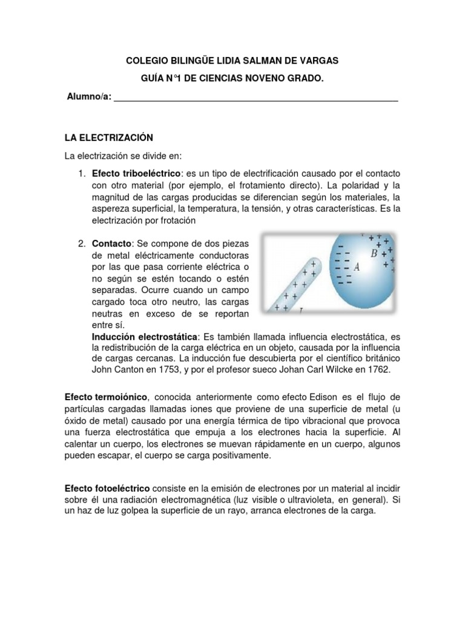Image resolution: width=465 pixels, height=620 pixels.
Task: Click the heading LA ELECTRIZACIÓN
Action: coord(109,137)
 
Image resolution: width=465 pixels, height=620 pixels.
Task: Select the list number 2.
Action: coord(82,243)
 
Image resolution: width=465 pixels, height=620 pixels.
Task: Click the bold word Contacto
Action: coord(111,243)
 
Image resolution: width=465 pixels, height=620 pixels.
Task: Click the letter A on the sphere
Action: coord(357,266)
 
